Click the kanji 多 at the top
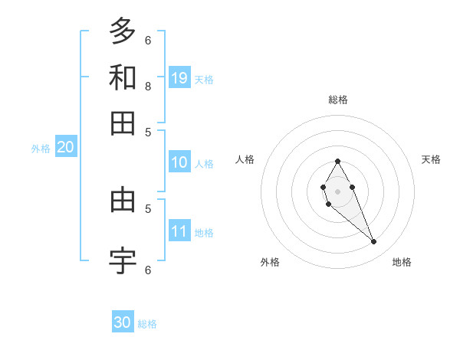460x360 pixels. (123, 32)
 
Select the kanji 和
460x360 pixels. (123, 77)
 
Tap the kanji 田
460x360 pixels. (123, 123)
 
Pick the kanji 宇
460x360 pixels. (123, 261)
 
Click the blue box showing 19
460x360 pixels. (179, 77)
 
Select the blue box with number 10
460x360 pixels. (179, 162)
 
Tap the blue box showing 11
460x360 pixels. (179, 231)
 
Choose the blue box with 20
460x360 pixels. (65, 148)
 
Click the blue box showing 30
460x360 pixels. (123, 322)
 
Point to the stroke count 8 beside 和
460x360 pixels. (148, 86)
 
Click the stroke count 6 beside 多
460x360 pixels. (148, 40)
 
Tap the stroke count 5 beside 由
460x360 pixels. (148, 208)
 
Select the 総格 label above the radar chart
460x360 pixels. (337, 100)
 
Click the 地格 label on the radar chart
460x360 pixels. (402, 262)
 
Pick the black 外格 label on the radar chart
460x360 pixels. (270, 262)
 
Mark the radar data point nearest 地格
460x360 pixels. (373, 241)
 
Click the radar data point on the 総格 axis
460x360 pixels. (337, 161)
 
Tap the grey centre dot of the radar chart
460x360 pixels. (337, 190)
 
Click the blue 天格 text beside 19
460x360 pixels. (204, 80)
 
